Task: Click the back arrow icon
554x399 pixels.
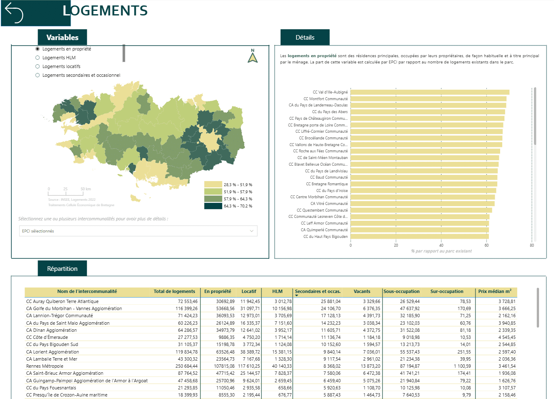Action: [x=14, y=13]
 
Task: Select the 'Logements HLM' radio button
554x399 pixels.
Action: [x=38, y=58]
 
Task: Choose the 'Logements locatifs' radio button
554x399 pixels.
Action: [x=38, y=66]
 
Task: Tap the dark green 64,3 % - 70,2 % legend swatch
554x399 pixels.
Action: [x=213, y=206]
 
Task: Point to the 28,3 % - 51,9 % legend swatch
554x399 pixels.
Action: [x=213, y=184]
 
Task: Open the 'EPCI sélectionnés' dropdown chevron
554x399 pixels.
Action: [x=251, y=231]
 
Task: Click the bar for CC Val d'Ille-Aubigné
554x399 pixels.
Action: [x=430, y=92]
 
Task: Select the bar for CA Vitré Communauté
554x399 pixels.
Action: [x=422, y=203]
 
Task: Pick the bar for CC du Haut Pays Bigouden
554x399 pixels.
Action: [x=420, y=236]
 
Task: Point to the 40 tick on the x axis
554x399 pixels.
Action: [x=441, y=245]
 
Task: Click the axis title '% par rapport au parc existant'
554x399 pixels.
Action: [x=441, y=251]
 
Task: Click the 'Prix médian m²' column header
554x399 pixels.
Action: [x=495, y=291]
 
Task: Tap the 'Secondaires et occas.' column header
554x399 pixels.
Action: [x=318, y=291]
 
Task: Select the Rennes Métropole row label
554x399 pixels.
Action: [x=45, y=366]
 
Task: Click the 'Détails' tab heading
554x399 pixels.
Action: [x=305, y=38]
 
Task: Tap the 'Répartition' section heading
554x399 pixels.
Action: [x=62, y=269]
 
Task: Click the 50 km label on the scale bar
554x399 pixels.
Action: [x=86, y=189]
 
